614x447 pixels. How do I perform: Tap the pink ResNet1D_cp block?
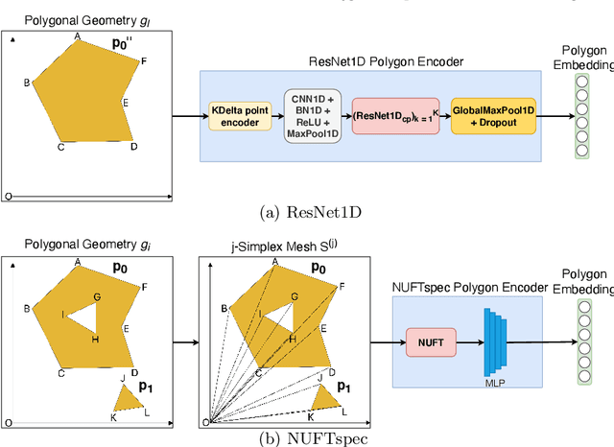394,116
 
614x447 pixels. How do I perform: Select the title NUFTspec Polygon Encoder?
467,284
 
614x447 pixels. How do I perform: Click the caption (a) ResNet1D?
305,212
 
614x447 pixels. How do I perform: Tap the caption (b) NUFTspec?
305,437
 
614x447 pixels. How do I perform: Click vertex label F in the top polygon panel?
144,61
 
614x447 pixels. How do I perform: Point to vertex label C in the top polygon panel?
60,147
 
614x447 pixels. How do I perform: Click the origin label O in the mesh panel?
205,422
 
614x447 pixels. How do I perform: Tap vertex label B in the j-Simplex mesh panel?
224,308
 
